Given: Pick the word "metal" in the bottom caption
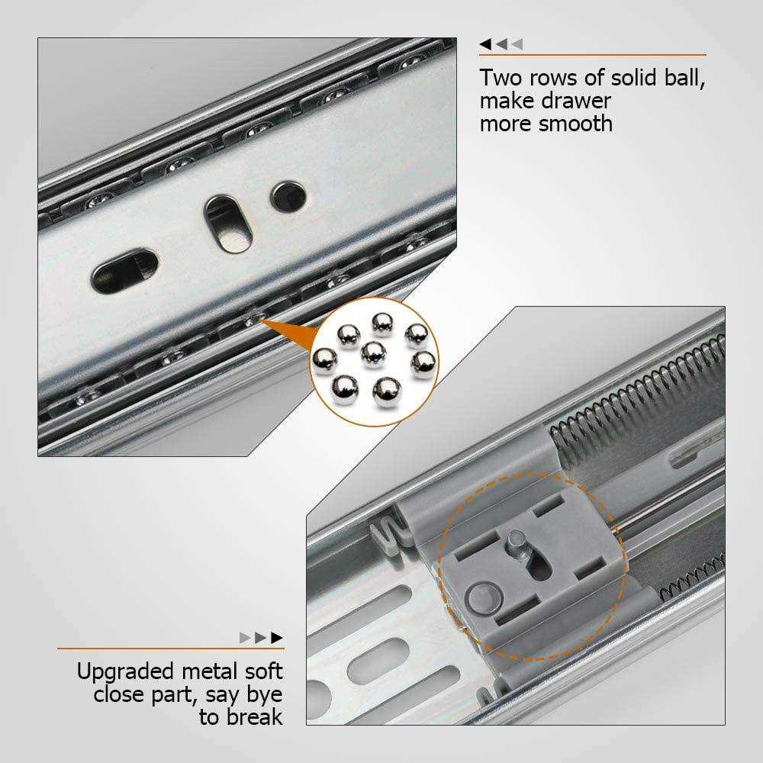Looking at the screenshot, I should pos(218,672).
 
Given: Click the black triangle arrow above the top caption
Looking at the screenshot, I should pos(485,45).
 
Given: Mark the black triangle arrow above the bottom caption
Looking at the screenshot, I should pos(277,637).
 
